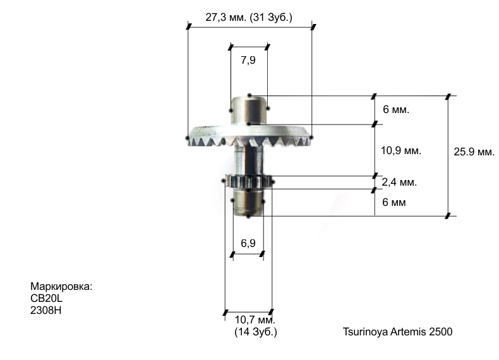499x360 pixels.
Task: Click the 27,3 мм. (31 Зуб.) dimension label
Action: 249,17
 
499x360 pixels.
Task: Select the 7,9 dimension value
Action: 248,61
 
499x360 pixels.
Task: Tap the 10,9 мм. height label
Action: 401,151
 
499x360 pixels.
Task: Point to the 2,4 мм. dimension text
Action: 399,183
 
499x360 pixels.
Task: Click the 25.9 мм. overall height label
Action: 474,152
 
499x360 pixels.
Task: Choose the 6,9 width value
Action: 248,243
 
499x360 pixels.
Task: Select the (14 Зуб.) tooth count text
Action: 255,332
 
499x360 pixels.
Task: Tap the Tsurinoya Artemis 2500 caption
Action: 397,332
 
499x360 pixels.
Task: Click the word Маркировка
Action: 61,287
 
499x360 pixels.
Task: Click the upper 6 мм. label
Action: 396,110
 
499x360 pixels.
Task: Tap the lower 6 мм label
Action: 394,203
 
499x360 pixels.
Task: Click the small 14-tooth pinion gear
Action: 248,183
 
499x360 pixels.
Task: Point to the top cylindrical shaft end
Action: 249,109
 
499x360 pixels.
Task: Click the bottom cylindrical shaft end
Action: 249,203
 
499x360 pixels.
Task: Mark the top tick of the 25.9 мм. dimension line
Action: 448,96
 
